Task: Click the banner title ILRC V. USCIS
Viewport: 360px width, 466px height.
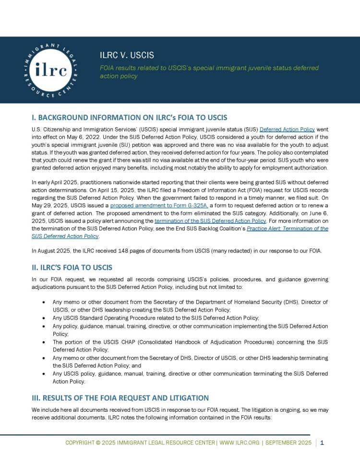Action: [x=127, y=55]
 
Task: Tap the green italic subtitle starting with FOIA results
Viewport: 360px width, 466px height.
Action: [x=209, y=72]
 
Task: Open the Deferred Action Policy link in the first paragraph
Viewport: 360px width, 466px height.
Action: [x=287, y=130]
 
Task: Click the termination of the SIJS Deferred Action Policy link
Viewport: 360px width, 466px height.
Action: [x=210, y=221]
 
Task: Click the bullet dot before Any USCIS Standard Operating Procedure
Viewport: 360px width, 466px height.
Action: [x=44, y=318]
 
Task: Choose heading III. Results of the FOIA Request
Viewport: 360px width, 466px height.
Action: [x=120, y=398]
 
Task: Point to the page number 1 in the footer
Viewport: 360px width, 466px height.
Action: [x=322, y=442]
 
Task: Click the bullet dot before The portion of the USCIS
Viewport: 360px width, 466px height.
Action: [x=44, y=342]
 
